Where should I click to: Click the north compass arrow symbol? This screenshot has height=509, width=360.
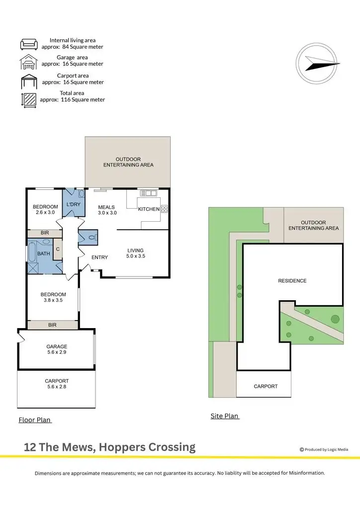pos(321,64)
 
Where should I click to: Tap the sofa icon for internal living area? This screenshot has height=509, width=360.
pos(29,44)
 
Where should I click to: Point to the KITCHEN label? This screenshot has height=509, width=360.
pos(149,209)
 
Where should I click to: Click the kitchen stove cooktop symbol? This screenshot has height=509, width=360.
pos(164,209)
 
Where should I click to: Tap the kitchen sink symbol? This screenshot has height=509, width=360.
pos(148,193)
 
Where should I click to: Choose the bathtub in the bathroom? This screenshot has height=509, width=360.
pos(33,252)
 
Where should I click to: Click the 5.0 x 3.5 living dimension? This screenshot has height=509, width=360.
pos(135,256)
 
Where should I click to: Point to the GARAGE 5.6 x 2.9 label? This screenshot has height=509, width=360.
pos(57,349)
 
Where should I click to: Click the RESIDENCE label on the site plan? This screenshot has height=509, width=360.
pos(292,281)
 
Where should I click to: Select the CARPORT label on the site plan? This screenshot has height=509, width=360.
pos(266,386)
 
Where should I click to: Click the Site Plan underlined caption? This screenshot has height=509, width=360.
pos(225,416)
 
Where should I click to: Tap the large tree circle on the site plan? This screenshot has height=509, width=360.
pos(335,319)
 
